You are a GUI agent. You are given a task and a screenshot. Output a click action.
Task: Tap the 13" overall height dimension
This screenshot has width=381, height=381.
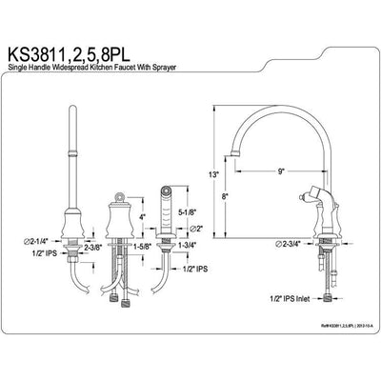[x=216, y=176]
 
